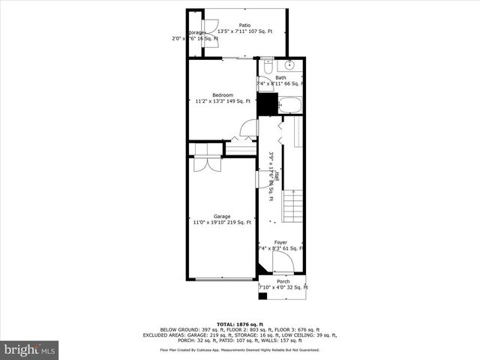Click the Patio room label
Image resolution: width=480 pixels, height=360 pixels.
pos(244,25)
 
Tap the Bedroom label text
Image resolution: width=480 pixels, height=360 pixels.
pos(223,94)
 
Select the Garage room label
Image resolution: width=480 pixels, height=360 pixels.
pos(222,216)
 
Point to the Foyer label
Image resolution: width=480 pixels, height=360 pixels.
pos(280,242)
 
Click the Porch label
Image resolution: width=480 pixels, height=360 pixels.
pos(283,282)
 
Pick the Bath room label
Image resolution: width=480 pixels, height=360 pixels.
pos(280,77)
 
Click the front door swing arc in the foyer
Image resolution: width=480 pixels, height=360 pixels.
pos(282,262)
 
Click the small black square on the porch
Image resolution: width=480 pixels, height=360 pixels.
pos(262,296)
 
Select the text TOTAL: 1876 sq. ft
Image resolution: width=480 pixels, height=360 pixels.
pos(239,323)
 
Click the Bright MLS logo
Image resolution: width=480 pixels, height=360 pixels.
pos(30,349)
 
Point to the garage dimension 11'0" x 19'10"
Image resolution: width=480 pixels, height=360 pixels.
pos(222,222)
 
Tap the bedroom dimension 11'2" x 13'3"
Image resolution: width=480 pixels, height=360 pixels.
pos(223,100)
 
